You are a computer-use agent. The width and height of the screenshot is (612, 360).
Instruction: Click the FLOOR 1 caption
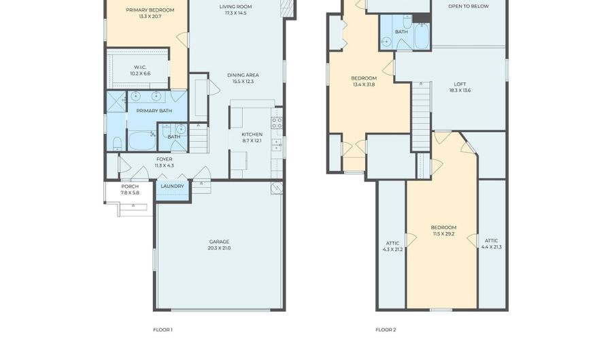click(163, 329)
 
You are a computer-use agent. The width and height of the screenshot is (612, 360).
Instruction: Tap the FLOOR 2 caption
click(386, 329)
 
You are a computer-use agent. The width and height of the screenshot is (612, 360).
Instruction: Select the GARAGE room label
click(220, 242)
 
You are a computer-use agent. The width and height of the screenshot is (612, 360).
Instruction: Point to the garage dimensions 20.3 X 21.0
click(220, 248)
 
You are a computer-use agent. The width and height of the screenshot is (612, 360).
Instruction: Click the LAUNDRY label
click(172, 186)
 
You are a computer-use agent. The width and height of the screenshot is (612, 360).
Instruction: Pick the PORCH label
click(130, 186)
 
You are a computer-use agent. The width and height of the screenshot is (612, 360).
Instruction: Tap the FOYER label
click(165, 159)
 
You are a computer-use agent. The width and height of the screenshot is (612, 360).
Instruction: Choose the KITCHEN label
click(252, 134)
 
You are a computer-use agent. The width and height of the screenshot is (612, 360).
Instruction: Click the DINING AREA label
click(243, 75)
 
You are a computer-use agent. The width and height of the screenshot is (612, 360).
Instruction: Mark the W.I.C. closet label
click(140, 67)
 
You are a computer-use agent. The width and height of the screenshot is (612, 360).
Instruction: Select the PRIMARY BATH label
click(154, 111)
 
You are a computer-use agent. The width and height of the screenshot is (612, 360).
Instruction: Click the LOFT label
click(460, 84)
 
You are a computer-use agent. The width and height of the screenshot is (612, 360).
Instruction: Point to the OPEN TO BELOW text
click(469, 6)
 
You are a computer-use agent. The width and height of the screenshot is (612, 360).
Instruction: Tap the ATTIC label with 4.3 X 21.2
click(392, 243)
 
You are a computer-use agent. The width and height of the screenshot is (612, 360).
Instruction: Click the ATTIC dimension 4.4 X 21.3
click(492, 247)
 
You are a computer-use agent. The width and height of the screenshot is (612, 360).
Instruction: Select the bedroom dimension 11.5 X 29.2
click(444, 234)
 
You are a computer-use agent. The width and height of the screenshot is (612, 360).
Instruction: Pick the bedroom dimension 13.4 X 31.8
click(364, 84)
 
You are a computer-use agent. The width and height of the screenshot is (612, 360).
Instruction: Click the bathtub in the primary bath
click(142, 141)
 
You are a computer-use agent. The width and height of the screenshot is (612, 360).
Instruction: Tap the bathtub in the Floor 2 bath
click(422, 36)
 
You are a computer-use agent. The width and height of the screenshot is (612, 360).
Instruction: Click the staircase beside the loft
click(422, 116)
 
